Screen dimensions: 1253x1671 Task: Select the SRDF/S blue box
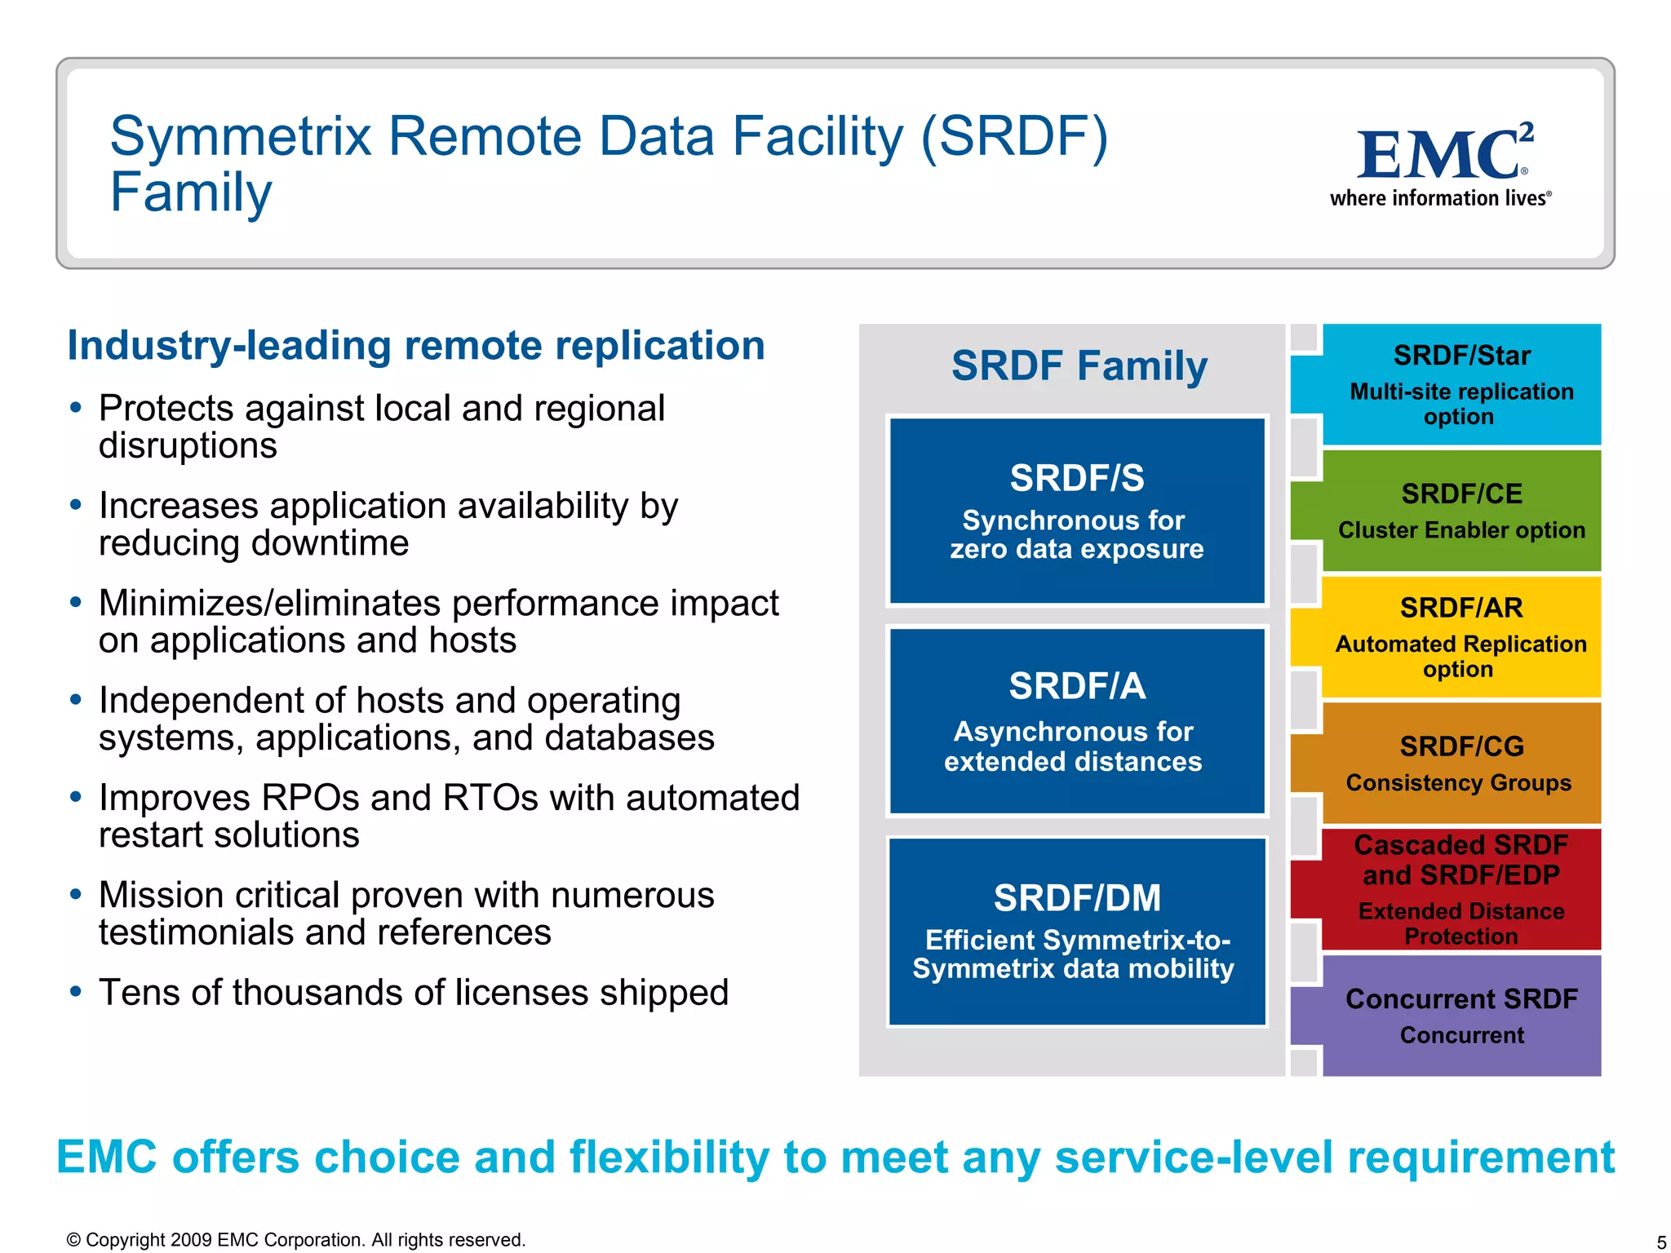pos(1077,511)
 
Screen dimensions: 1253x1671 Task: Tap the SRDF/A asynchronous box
pos(1077,721)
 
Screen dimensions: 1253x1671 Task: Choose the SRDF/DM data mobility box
pos(1077,932)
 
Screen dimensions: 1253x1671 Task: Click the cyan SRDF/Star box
pos(1460,384)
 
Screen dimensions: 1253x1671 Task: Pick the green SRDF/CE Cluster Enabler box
pos(1460,511)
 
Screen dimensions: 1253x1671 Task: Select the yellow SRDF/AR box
pos(1460,637)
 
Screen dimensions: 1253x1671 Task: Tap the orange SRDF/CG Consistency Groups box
pos(1460,764)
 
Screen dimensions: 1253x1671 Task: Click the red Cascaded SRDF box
pos(1460,889)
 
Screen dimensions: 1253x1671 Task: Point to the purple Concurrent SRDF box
pos(1460,1016)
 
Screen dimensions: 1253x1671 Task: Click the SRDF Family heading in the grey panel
pos(1079,365)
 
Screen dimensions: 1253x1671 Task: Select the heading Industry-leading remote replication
pos(416,345)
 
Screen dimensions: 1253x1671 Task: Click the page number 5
pos(1660,1242)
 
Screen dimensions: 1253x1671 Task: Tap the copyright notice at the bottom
pos(295,1240)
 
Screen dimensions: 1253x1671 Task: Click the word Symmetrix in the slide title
pos(242,136)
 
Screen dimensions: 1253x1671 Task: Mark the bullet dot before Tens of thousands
pos(76,992)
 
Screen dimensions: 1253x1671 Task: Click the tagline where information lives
pos(1439,198)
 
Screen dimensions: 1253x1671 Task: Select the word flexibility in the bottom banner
pos(669,1157)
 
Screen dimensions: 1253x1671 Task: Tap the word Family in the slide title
pos(191,193)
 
